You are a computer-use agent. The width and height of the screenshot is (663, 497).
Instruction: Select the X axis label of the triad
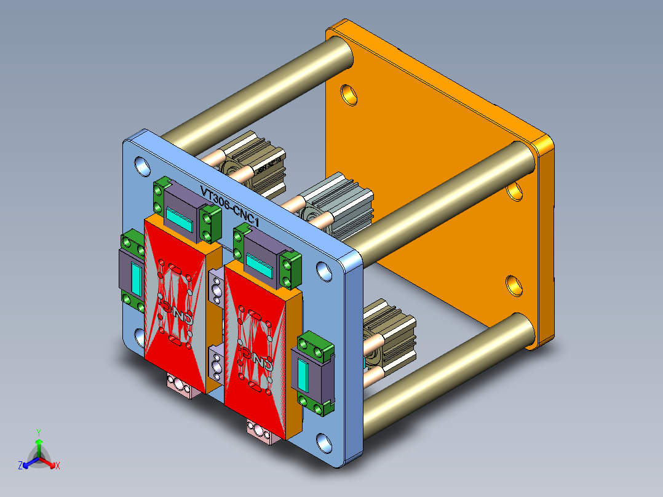58,466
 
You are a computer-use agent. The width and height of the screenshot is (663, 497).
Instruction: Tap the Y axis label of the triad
38,432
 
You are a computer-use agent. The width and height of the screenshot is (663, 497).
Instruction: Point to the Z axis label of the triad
20,466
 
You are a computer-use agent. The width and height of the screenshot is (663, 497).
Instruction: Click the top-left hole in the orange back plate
349,93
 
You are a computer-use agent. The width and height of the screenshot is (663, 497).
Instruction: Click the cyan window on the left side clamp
137,280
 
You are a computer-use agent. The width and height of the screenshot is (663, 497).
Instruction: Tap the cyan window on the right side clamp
303,376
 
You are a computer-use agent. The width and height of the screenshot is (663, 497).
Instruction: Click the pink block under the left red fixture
184,386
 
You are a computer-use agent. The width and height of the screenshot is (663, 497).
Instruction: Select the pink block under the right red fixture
260,430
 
